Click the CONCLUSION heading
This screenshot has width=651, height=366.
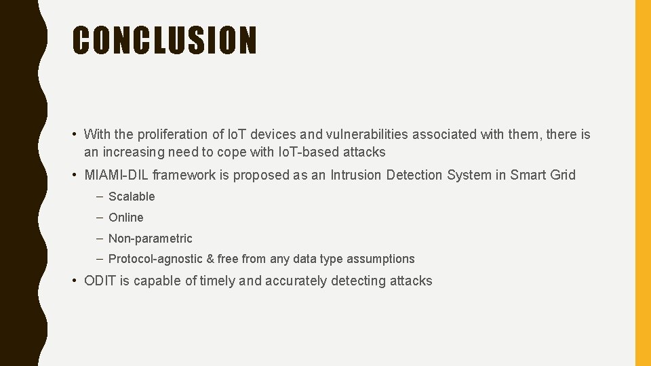coord(165,40)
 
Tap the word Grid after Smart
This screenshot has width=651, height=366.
coord(562,175)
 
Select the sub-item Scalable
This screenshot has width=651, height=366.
coord(132,197)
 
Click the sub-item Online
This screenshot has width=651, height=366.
coord(126,218)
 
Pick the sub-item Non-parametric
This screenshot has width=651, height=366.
coord(151,239)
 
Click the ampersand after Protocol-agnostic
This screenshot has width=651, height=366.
coord(210,259)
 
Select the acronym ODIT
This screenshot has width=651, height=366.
coord(100,281)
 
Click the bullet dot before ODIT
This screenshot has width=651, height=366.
coord(76,281)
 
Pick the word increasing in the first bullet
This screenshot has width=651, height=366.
coord(134,152)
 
